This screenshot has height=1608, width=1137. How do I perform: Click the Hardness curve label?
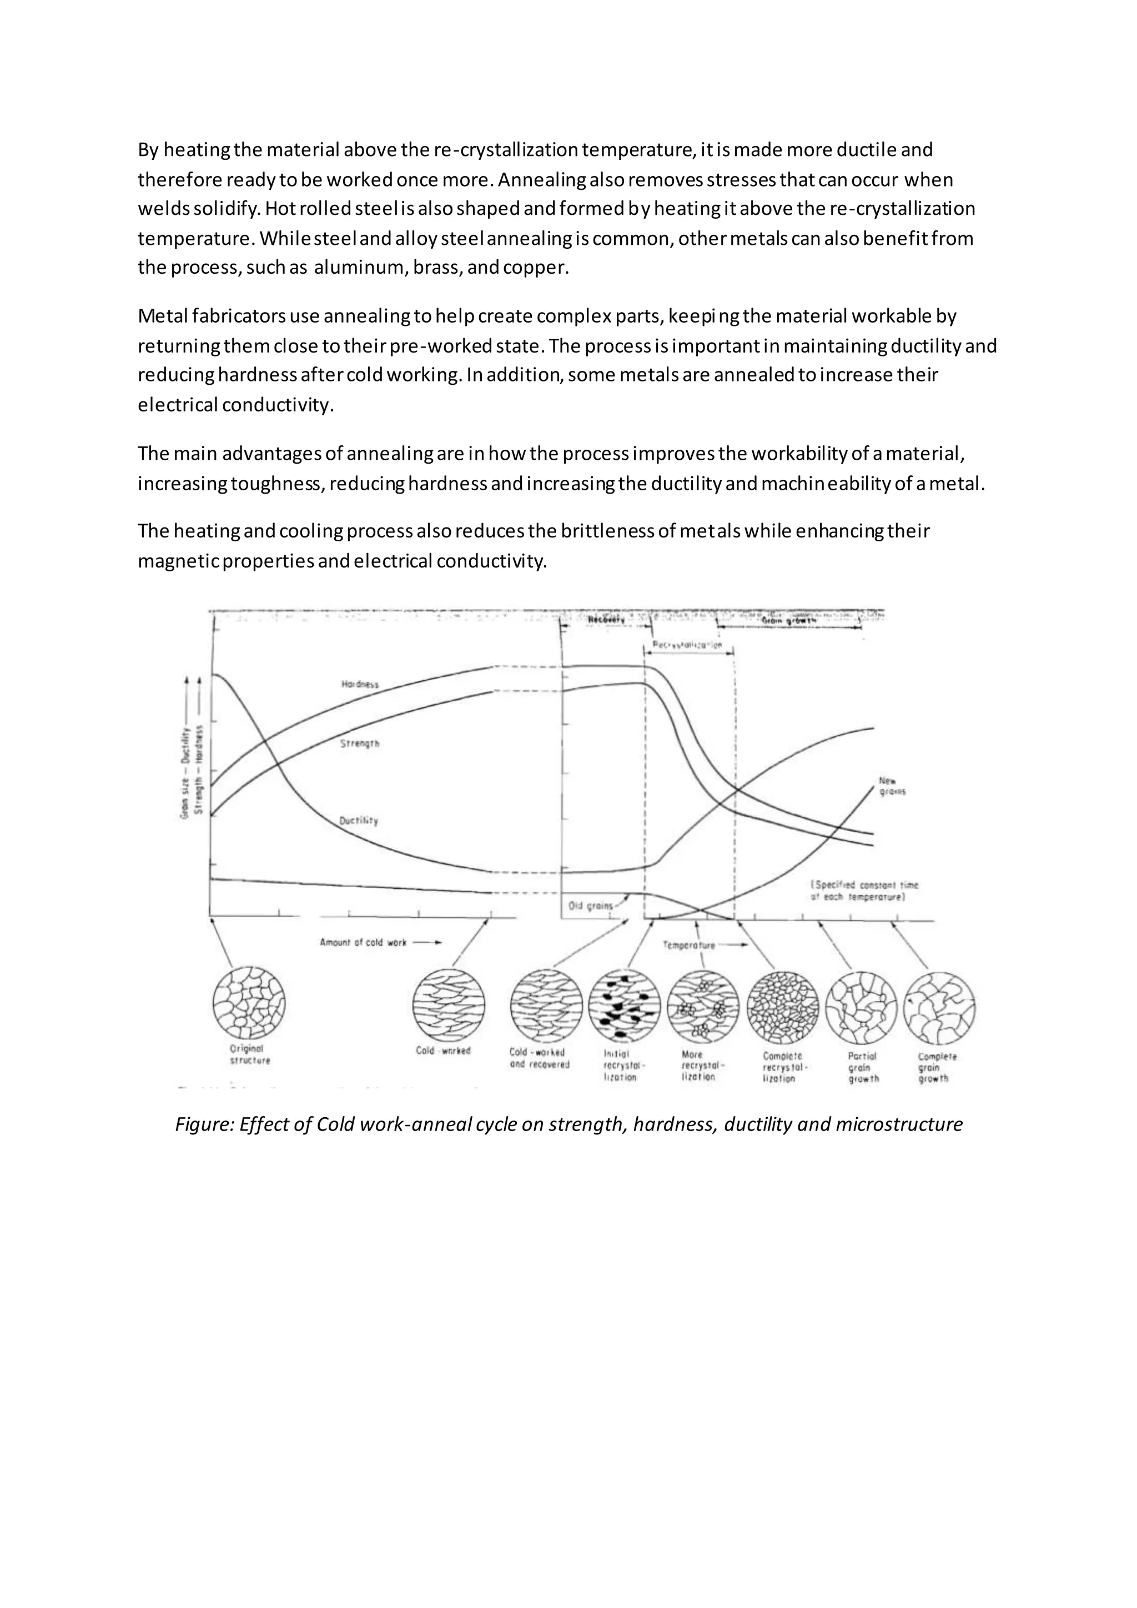coord(360,684)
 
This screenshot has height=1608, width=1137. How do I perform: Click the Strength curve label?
coord(360,744)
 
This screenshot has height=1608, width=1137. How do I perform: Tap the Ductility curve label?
coord(359,820)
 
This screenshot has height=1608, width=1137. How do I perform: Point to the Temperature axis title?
coord(690,946)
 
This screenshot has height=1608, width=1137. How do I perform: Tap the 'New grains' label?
coord(891,786)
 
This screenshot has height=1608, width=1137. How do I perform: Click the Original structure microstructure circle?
coord(249,1003)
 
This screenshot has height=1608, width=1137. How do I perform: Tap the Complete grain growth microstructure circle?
coord(939,1008)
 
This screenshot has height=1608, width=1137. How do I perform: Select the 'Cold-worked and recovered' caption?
coord(539,1058)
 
